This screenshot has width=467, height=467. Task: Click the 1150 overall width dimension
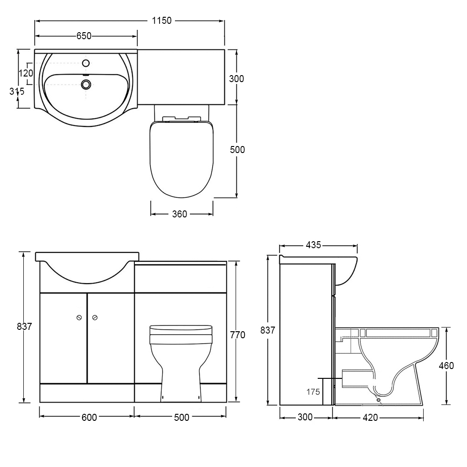[162, 21]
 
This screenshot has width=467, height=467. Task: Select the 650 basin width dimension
[84, 36]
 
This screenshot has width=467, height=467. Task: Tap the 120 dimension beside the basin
[26, 73]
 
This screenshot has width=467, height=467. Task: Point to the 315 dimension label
[17, 91]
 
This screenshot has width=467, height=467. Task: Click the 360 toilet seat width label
[180, 214]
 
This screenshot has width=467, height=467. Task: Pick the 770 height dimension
[237, 335]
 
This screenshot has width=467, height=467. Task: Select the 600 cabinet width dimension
[89, 418]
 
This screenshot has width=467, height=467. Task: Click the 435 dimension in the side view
[314, 245]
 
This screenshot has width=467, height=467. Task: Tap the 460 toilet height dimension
[446, 365]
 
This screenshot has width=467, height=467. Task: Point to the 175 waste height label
[313, 391]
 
